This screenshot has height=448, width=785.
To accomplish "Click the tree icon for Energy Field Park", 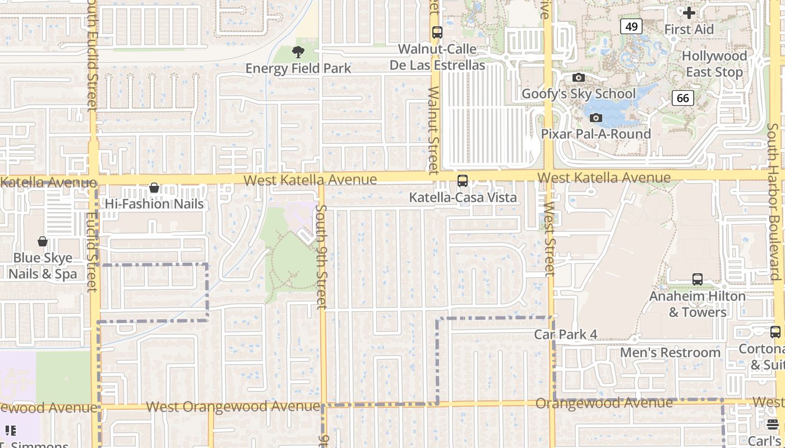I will [298, 52].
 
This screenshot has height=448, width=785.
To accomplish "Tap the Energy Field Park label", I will [298, 68].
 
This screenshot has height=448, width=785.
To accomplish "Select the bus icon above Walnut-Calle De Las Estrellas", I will [437, 32].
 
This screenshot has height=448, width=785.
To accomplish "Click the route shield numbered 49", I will [631, 26].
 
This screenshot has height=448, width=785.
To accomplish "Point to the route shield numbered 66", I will [682, 99].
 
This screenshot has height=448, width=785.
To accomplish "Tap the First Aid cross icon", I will [689, 12].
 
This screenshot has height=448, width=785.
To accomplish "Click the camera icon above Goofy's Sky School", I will [579, 78].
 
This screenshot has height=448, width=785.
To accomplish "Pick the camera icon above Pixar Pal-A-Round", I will [596, 118].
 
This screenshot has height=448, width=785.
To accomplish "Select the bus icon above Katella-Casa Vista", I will [463, 181].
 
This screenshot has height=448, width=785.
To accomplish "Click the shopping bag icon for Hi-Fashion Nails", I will [154, 188].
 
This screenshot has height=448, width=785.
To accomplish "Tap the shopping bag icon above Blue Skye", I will [43, 242].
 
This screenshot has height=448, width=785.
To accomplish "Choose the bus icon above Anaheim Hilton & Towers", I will [698, 279].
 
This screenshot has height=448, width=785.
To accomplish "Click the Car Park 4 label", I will [566, 334].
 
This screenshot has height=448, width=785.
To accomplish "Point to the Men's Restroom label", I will [670, 353].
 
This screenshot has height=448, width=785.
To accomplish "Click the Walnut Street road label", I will [433, 130].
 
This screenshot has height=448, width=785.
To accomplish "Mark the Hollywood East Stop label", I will [714, 64].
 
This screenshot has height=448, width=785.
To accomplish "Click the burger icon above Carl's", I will [773, 424].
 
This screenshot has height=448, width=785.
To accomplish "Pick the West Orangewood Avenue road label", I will [233, 407].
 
